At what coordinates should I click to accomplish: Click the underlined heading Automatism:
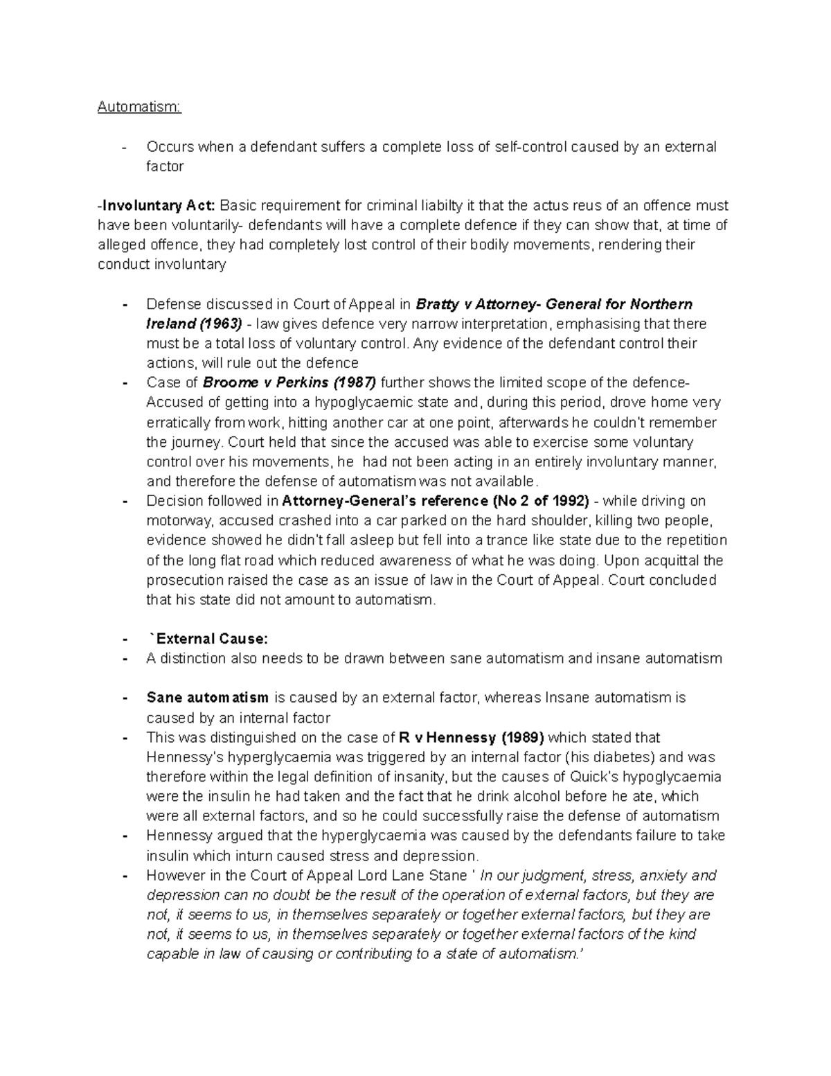[x=138, y=107]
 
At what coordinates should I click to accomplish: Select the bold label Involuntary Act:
[x=158, y=206]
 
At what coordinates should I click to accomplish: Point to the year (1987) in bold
[x=355, y=383]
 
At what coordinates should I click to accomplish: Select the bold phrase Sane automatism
[x=207, y=698]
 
